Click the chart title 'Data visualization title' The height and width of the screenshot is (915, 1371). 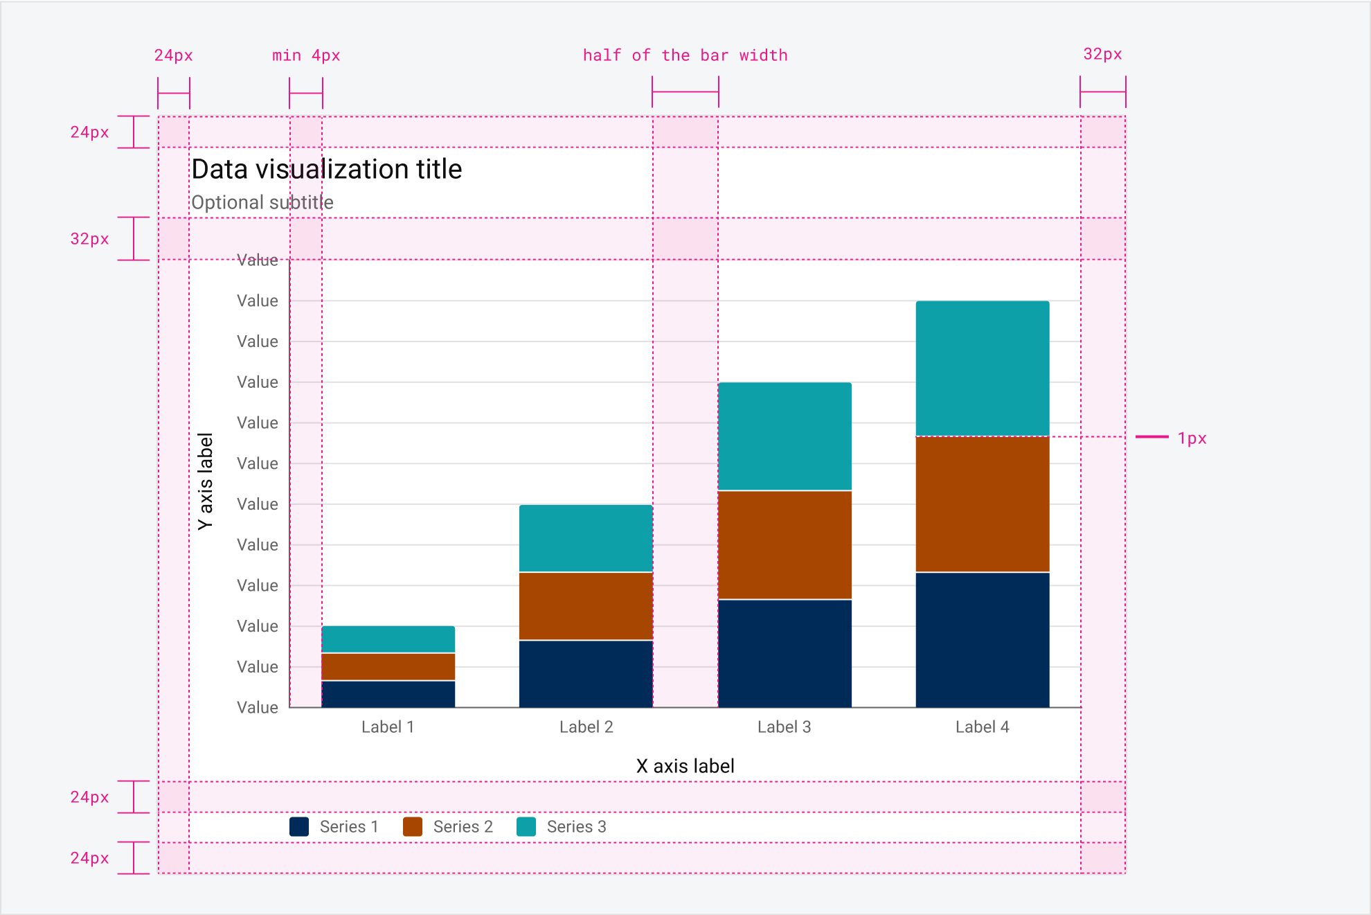click(x=326, y=170)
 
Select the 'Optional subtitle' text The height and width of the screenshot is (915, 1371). click(x=262, y=202)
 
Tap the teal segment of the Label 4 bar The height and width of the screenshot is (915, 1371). click(x=983, y=368)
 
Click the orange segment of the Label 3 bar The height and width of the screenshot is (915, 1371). click(x=785, y=544)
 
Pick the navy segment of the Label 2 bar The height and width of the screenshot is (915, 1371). click(x=586, y=673)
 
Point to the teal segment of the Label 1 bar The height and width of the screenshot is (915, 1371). click(x=388, y=639)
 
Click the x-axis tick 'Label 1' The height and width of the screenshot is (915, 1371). click(x=388, y=727)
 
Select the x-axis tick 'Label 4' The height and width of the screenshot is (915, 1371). click(x=982, y=727)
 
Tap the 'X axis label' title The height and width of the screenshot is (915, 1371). click(x=685, y=766)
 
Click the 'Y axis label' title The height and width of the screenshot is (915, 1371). click(x=206, y=482)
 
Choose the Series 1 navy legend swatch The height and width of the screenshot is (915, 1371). click(x=299, y=826)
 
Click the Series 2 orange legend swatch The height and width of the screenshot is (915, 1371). click(x=413, y=826)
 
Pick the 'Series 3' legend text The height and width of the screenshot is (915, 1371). click(x=576, y=826)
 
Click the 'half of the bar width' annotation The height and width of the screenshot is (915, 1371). click(x=685, y=55)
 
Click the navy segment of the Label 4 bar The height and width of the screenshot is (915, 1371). click(x=983, y=639)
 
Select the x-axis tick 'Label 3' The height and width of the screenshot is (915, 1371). click(x=784, y=727)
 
